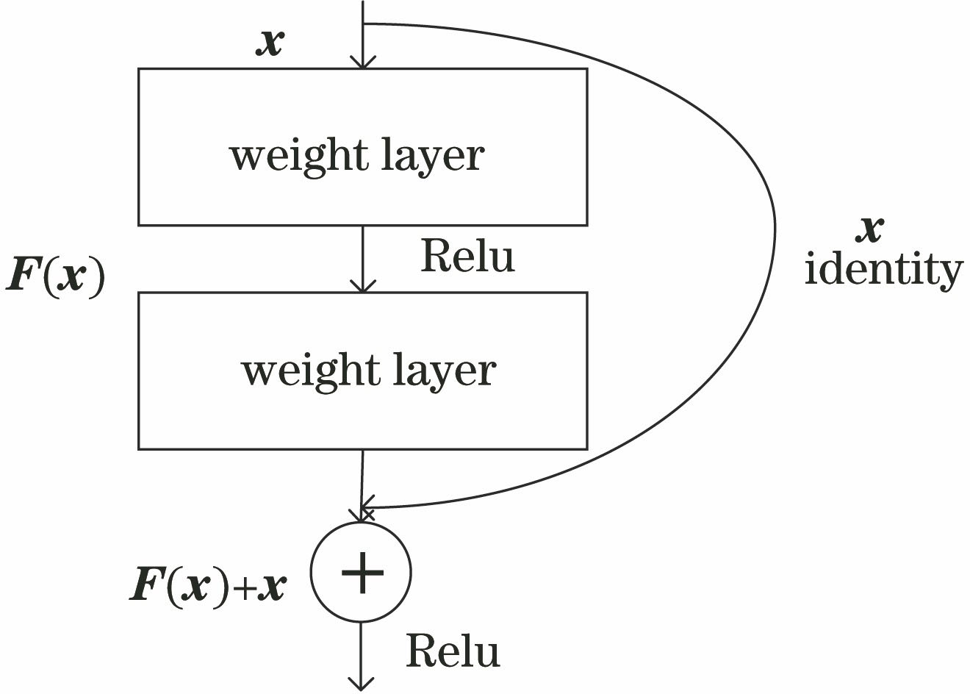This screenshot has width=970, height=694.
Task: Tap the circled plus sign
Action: [361, 573]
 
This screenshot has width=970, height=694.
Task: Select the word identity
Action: [883, 269]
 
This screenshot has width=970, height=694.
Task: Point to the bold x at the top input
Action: [270, 43]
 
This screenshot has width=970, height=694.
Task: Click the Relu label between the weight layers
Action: [467, 257]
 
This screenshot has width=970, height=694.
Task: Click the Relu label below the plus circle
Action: [453, 651]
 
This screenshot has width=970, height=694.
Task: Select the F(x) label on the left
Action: [56, 278]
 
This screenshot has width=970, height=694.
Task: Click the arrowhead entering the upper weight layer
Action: [362, 63]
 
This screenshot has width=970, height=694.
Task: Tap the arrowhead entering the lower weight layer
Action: [362, 287]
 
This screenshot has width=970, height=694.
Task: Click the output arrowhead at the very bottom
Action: [361, 684]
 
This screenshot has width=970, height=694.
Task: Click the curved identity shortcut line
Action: [774, 221]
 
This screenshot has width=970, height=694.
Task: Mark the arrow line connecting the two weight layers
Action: [362, 254]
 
